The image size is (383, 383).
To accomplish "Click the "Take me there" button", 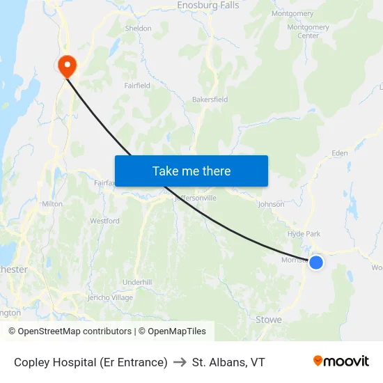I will (x=191, y=171).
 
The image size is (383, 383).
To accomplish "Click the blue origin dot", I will (x=315, y=262).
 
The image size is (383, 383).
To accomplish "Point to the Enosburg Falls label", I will (x=208, y=6).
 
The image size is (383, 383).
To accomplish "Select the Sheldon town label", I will (x=138, y=29).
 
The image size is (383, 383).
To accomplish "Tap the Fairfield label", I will (x=137, y=86).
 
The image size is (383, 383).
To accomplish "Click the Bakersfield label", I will (x=210, y=100).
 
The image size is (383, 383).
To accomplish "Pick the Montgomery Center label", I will (x=308, y=31).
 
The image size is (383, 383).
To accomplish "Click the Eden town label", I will (x=339, y=153).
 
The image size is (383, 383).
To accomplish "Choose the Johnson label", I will (x=271, y=204).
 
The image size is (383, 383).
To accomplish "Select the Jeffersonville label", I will (x=196, y=198).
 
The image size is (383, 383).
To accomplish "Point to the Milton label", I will (x=52, y=204).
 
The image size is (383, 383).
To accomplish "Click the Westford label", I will (x=104, y=221).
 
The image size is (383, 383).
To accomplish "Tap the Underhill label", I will (x=136, y=281).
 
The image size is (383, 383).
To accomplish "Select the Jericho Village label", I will (x=110, y=297).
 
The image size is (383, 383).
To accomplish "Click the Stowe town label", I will (x=268, y=320).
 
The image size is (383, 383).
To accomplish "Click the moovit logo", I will (x=341, y=361).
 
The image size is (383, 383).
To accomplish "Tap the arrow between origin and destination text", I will (x=180, y=362).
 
